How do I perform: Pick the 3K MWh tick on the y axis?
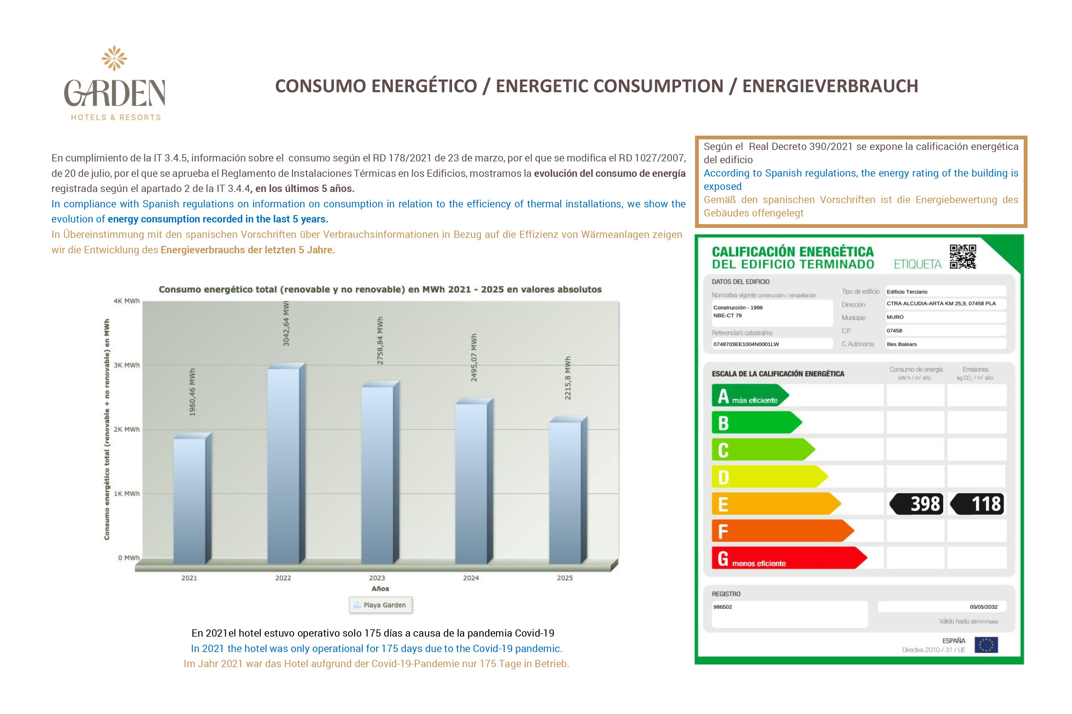(x=127, y=365)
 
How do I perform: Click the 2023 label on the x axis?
(x=377, y=578)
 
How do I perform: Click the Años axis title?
(x=380, y=589)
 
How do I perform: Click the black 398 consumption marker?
(x=916, y=504)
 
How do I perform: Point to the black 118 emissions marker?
(x=978, y=504)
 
